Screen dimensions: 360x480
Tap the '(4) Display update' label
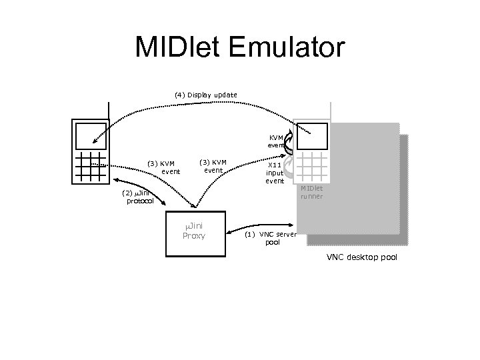[205, 95]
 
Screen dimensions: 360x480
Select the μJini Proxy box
[195, 233]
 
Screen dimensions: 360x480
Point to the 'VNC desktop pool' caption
[361, 257]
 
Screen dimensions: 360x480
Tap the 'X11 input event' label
[275, 173]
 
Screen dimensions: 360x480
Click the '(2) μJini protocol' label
[139, 197]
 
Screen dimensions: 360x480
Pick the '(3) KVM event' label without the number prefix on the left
[213, 166]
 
